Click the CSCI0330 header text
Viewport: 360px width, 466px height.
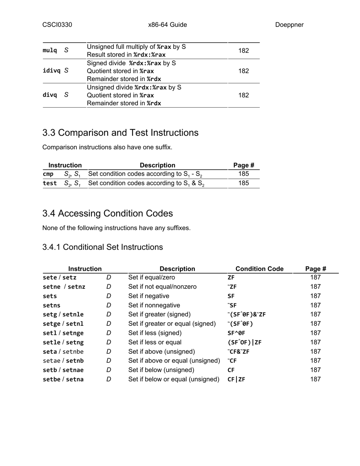click(x=57, y=25)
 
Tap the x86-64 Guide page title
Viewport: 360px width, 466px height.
click(x=167, y=25)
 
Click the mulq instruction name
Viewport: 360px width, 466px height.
click(x=50, y=50)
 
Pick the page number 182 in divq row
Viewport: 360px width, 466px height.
click(x=244, y=95)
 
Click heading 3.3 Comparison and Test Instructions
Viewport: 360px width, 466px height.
click(x=120, y=133)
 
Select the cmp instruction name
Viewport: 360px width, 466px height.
click(x=48, y=174)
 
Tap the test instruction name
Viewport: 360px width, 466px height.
click(x=50, y=183)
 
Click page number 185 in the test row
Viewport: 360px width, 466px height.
click(x=244, y=183)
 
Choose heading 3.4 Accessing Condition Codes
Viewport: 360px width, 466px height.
click(x=108, y=214)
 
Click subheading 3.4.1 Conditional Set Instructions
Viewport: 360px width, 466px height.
click(x=103, y=247)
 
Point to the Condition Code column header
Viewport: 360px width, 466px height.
click(x=259, y=269)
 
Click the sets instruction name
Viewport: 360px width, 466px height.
click(x=50, y=296)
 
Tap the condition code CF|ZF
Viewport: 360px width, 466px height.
click(x=236, y=379)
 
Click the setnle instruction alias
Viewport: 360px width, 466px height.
click(x=73, y=314)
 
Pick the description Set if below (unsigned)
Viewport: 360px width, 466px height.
click(x=161, y=370)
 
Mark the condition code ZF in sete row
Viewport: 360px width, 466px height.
click(x=231, y=278)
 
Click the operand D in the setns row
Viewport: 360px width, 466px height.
click(x=109, y=305)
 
